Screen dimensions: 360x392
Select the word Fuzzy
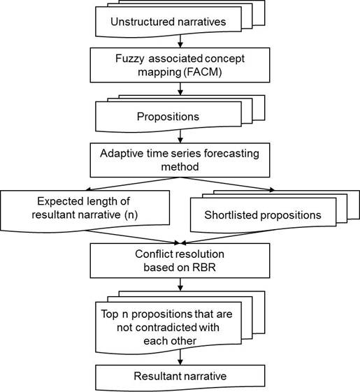coord(130,59)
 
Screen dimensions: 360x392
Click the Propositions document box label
coord(168,117)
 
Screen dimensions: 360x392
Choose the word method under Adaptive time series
coord(180,167)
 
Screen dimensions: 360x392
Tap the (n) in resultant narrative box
coord(131,215)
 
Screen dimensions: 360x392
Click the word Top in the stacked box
coord(110,314)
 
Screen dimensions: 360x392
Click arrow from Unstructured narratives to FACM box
coord(180,41)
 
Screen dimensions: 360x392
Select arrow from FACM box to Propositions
coord(180,89)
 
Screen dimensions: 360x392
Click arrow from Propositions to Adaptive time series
coord(180,136)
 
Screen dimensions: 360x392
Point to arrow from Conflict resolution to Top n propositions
coord(180,284)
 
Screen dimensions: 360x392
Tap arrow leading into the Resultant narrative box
coord(180,357)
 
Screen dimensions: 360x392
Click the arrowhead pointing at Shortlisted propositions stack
coord(272,190)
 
